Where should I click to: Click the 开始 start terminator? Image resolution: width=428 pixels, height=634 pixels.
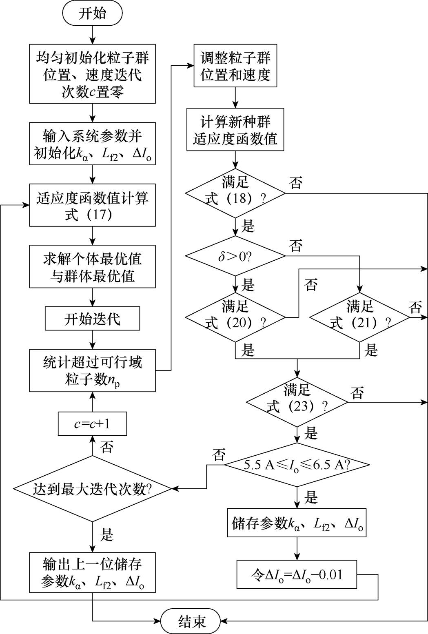[92, 13]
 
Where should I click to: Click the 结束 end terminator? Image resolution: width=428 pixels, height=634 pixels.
[191, 621]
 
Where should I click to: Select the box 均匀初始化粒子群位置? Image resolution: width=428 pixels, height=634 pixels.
[92, 74]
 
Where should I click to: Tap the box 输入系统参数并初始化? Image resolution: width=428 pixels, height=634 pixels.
[92, 144]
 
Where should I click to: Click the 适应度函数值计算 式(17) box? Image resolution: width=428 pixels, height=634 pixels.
[92, 205]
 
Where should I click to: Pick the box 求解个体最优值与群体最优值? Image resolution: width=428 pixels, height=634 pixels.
[92, 266]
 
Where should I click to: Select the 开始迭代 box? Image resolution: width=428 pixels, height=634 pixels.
[92, 319]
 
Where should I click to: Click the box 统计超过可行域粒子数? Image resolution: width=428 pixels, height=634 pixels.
[92, 370]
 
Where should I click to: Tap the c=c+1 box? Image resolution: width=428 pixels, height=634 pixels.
[92, 424]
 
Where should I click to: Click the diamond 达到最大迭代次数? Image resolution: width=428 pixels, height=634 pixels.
[92, 488]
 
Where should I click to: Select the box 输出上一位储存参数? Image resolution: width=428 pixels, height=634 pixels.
[92, 572]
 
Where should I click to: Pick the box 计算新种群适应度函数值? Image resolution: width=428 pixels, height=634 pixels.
[235, 130]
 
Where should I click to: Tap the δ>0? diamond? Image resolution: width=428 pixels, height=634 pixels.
[235, 256]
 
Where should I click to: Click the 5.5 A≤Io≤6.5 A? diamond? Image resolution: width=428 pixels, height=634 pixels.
[297, 465]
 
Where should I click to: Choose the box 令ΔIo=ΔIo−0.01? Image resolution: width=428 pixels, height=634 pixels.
[297, 574]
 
